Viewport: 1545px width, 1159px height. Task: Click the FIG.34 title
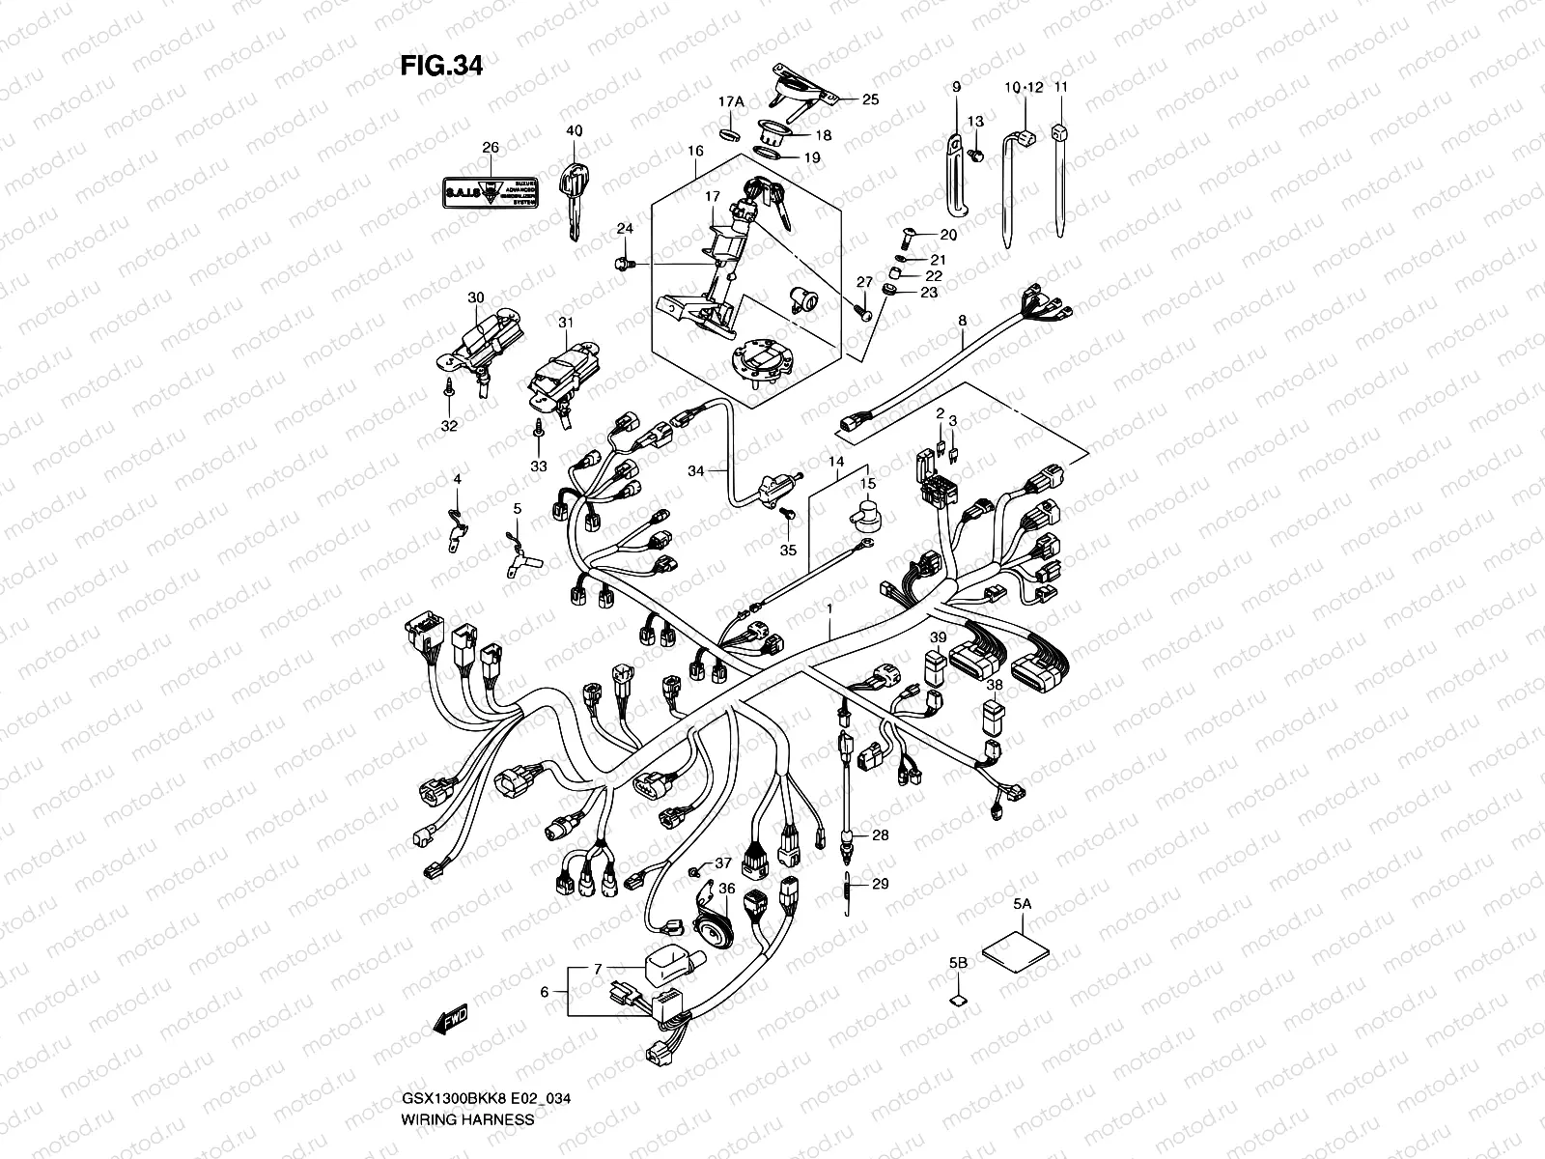click(440, 66)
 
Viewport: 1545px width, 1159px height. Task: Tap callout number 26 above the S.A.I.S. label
click(490, 148)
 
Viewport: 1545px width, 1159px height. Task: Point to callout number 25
click(870, 99)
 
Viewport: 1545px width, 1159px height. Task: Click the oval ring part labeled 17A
click(731, 130)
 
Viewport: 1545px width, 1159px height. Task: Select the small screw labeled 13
click(977, 153)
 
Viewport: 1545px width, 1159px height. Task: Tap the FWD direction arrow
click(451, 1016)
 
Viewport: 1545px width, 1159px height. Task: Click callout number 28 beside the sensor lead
click(880, 834)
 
